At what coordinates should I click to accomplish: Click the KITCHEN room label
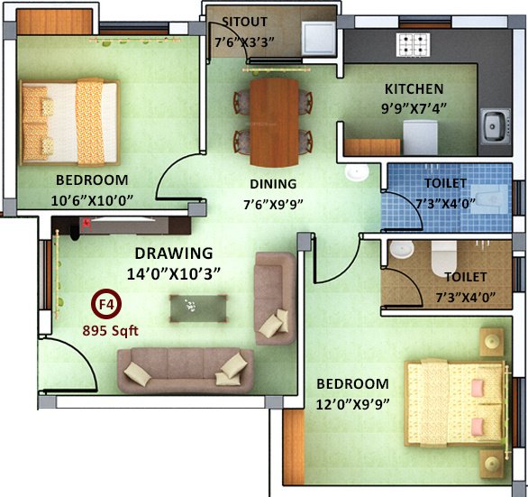click(x=414, y=89)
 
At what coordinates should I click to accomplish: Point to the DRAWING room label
click(x=174, y=253)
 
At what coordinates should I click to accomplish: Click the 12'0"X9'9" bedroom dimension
click(x=351, y=403)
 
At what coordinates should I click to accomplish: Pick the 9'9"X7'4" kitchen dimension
click(x=414, y=107)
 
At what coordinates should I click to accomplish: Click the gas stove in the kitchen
click(x=414, y=43)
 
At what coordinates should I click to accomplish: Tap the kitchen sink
click(x=495, y=123)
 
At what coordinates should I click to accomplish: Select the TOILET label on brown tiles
click(x=465, y=277)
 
